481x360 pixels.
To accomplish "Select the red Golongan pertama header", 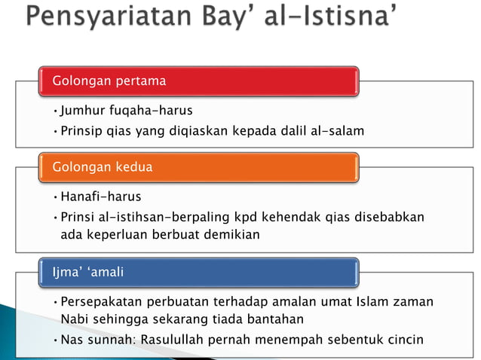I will point(199,81).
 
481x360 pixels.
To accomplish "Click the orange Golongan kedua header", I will point(199,166).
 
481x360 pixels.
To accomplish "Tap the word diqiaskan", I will point(207,131).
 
